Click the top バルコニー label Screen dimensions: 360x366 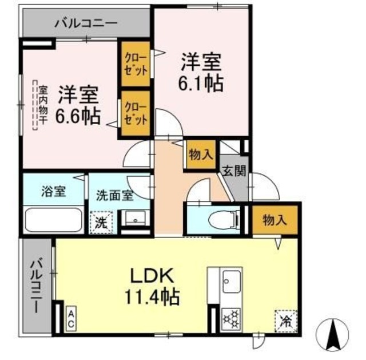pos(86,23)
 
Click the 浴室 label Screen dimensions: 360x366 pos(53,192)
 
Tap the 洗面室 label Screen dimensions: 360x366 pos(115,195)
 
